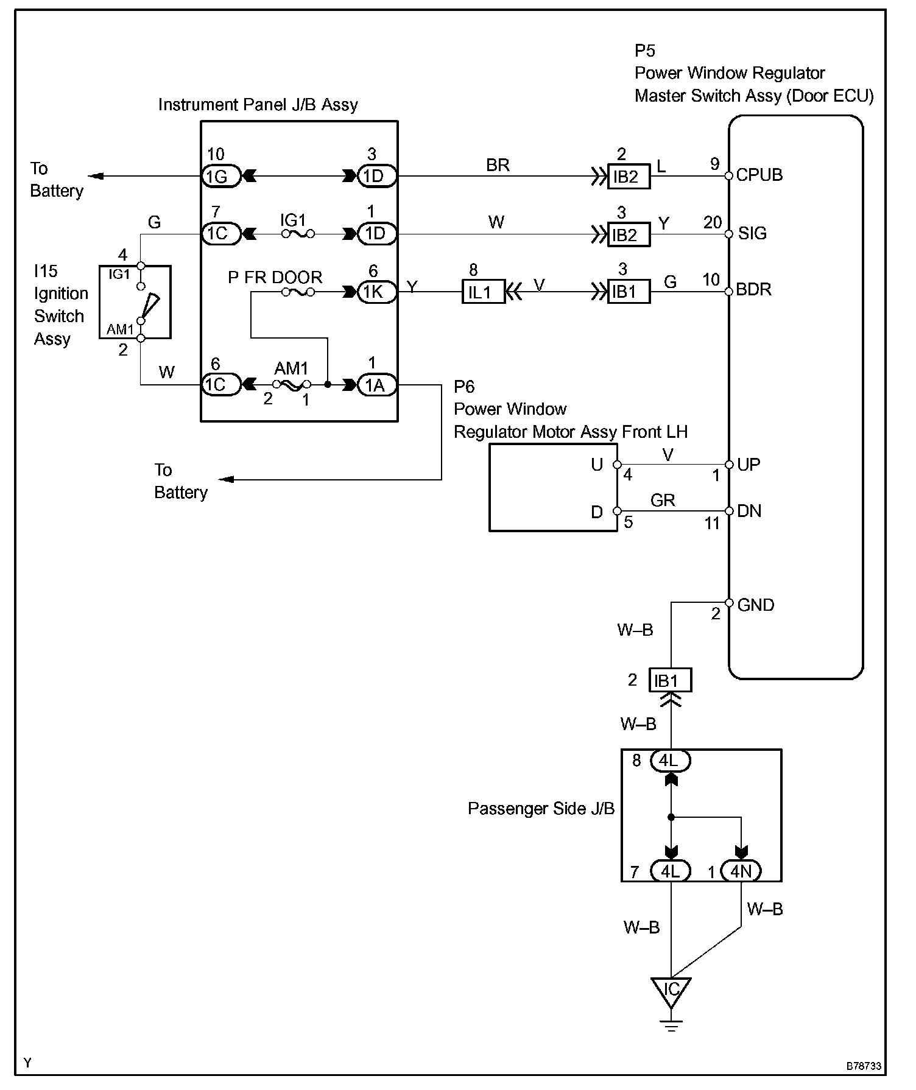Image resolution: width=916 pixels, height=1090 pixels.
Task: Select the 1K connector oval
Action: (376, 292)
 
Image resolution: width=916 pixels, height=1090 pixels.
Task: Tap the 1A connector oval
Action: (376, 385)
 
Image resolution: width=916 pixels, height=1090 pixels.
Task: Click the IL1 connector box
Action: (483, 292)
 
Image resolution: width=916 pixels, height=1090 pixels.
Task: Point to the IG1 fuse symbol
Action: (298, 234)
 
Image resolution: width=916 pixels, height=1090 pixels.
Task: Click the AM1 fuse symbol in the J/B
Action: (291, 385)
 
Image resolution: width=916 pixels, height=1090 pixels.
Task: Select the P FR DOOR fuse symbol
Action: (298, 292)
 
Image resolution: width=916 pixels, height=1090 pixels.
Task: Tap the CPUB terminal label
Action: (759, 175)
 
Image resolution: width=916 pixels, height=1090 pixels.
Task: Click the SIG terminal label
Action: (752, 233)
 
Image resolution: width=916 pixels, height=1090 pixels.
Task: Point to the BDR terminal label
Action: (753, 289)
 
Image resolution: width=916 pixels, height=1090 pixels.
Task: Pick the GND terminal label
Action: (755, 605)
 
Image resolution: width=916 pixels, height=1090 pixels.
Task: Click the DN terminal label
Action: (749, 511)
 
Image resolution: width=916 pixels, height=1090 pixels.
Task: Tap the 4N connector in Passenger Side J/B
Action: (741, 871)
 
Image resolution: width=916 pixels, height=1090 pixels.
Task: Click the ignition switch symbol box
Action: (135, 302)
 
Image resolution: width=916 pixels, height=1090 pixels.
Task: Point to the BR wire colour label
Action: (498, 166)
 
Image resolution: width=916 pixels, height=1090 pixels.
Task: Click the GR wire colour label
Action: (663, 501)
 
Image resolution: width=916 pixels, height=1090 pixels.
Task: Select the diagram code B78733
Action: (864, 1066)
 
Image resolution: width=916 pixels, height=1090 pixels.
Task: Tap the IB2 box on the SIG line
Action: (629, 234)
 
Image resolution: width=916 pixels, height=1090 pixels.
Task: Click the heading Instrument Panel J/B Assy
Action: (258, 105)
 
